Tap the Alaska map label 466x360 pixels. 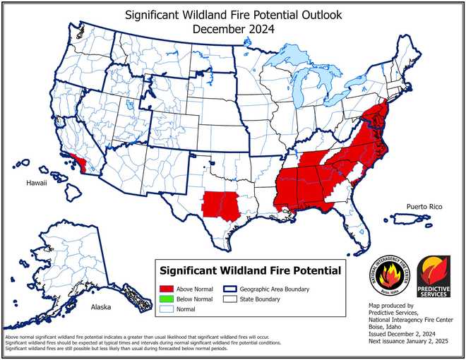[102, 308]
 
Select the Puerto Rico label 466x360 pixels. [424, 207]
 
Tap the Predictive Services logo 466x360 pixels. [433, 275]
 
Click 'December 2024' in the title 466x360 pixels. [233, 29]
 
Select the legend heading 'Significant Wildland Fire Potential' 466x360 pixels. [250, 270]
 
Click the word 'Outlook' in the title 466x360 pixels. [316, 14]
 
